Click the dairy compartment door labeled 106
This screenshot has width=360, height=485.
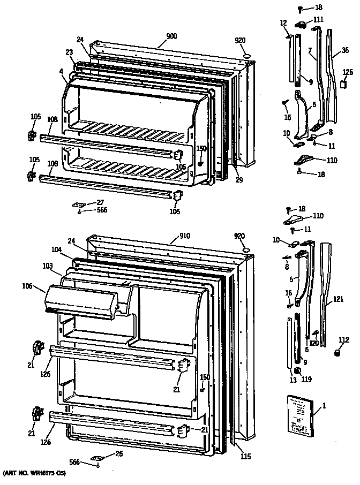click(86, 301)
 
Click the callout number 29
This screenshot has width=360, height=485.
click(239, 180)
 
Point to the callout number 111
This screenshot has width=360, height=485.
click(318, 19)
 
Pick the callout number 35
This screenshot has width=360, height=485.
click(336, 54)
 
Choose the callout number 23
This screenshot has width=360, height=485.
click(69, 52)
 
